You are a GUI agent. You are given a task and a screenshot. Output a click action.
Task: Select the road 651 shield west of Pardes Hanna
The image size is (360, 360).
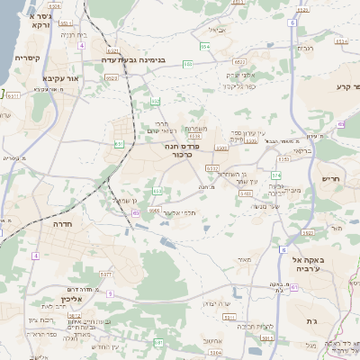coord(119,143)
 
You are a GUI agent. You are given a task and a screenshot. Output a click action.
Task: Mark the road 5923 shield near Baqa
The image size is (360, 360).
coord(307,232)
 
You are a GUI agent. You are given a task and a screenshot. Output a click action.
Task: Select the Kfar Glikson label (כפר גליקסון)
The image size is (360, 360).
coord(240,87)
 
